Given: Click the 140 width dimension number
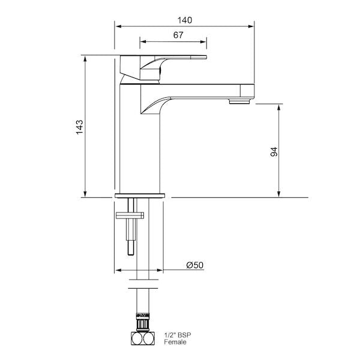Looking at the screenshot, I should pos(184,20).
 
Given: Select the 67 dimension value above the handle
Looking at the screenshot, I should pos(178,35).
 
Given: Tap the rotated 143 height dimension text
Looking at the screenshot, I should pos(79,127).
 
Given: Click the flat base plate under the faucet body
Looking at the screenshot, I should pos(140,196).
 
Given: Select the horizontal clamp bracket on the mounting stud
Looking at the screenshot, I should pos(130,214).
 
